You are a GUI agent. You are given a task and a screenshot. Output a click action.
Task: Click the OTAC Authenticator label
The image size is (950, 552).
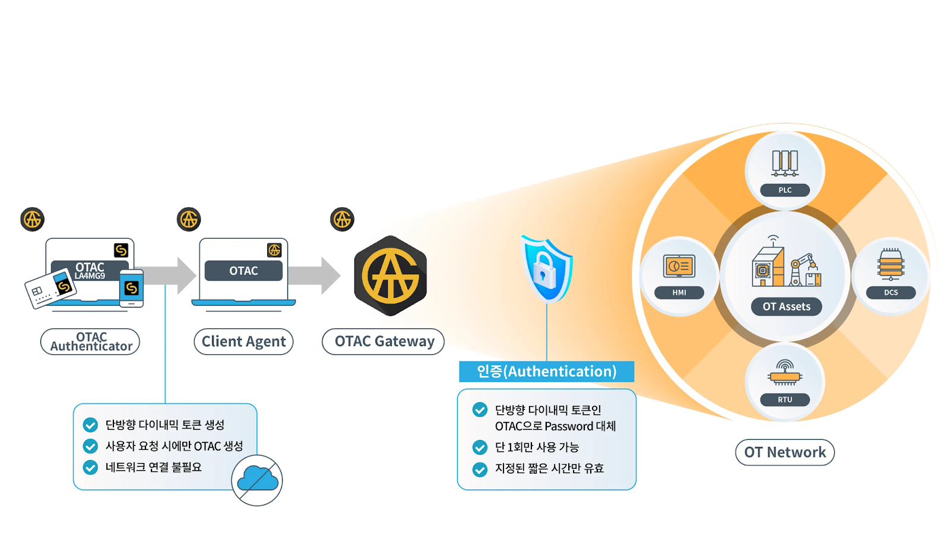(x=90, y=342)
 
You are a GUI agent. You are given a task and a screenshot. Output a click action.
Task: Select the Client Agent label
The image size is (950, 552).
(x=243, y=342)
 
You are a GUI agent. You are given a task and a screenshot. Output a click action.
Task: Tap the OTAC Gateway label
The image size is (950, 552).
(x=384, y=342)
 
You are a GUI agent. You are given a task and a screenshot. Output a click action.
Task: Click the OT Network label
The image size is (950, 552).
(x=785, y=452)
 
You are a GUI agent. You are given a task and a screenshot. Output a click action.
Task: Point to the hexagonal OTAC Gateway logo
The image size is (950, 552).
(x=390, y=276)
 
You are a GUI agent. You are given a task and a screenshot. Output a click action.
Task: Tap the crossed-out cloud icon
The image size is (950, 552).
(x=257, y=480)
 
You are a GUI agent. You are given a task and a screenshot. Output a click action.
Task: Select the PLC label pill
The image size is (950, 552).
(x=785, y=190)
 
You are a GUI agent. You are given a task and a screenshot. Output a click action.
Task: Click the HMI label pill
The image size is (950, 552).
(x=679, y=293)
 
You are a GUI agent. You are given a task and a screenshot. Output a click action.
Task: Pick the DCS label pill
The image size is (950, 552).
(x=891, y=293)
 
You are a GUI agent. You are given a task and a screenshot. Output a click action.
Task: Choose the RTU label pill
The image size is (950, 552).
(x=785, y=399)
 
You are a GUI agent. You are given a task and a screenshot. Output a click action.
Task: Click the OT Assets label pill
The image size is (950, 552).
(x=786, y=307)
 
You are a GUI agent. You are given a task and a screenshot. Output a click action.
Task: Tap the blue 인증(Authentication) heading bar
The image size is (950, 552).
(x=546, y=372)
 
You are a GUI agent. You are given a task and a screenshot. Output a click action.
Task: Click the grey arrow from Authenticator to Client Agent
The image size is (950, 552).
(x=172, y=275)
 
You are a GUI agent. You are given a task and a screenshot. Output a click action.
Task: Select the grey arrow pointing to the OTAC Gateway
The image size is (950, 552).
(x=315, y=275)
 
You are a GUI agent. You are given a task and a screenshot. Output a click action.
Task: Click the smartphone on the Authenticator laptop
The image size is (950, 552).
(x=131, y=288)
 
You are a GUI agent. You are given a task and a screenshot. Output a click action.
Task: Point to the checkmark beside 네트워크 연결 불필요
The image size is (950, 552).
(x=90, y=468)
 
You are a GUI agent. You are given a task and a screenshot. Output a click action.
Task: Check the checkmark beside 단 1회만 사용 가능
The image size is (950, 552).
(x=480, y=448)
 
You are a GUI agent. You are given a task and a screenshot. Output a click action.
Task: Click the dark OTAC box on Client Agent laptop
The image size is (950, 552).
(x=243, y=271)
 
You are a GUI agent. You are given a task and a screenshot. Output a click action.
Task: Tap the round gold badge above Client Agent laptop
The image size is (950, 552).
(x=189, y=220)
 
